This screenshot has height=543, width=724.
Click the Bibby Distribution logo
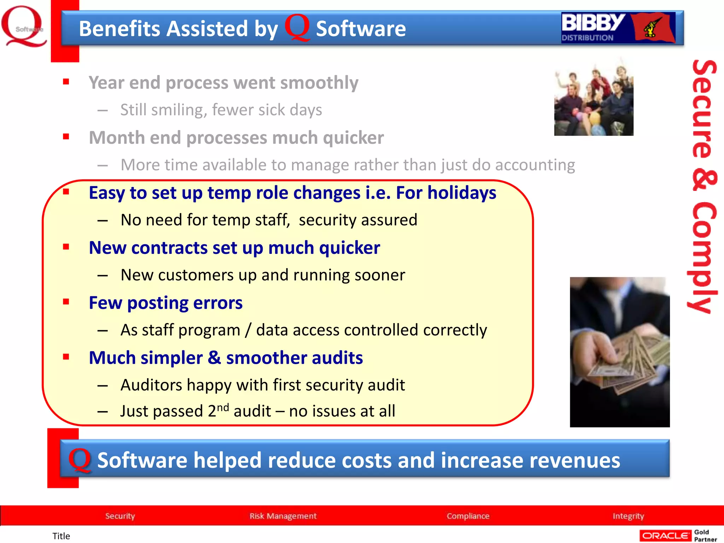(618, 28)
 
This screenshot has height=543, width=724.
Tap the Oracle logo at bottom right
(665, 536)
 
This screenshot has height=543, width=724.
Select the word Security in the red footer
(120, 516)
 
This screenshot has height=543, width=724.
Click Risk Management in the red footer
(283, 516)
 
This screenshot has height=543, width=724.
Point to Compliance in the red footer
(468, 516)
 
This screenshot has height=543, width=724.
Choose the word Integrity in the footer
(628, 516)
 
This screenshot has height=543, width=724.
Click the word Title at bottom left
(61, 536)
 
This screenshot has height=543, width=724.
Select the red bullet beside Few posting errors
(66, 302)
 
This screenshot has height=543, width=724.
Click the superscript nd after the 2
(223, 407)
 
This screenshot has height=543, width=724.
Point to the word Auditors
(151, 385)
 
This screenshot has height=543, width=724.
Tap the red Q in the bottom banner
(80, 460)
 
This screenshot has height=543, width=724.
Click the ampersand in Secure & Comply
(704, 180)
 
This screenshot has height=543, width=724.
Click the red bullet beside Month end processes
(66, 136)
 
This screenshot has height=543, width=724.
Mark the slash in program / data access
(248, 330)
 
